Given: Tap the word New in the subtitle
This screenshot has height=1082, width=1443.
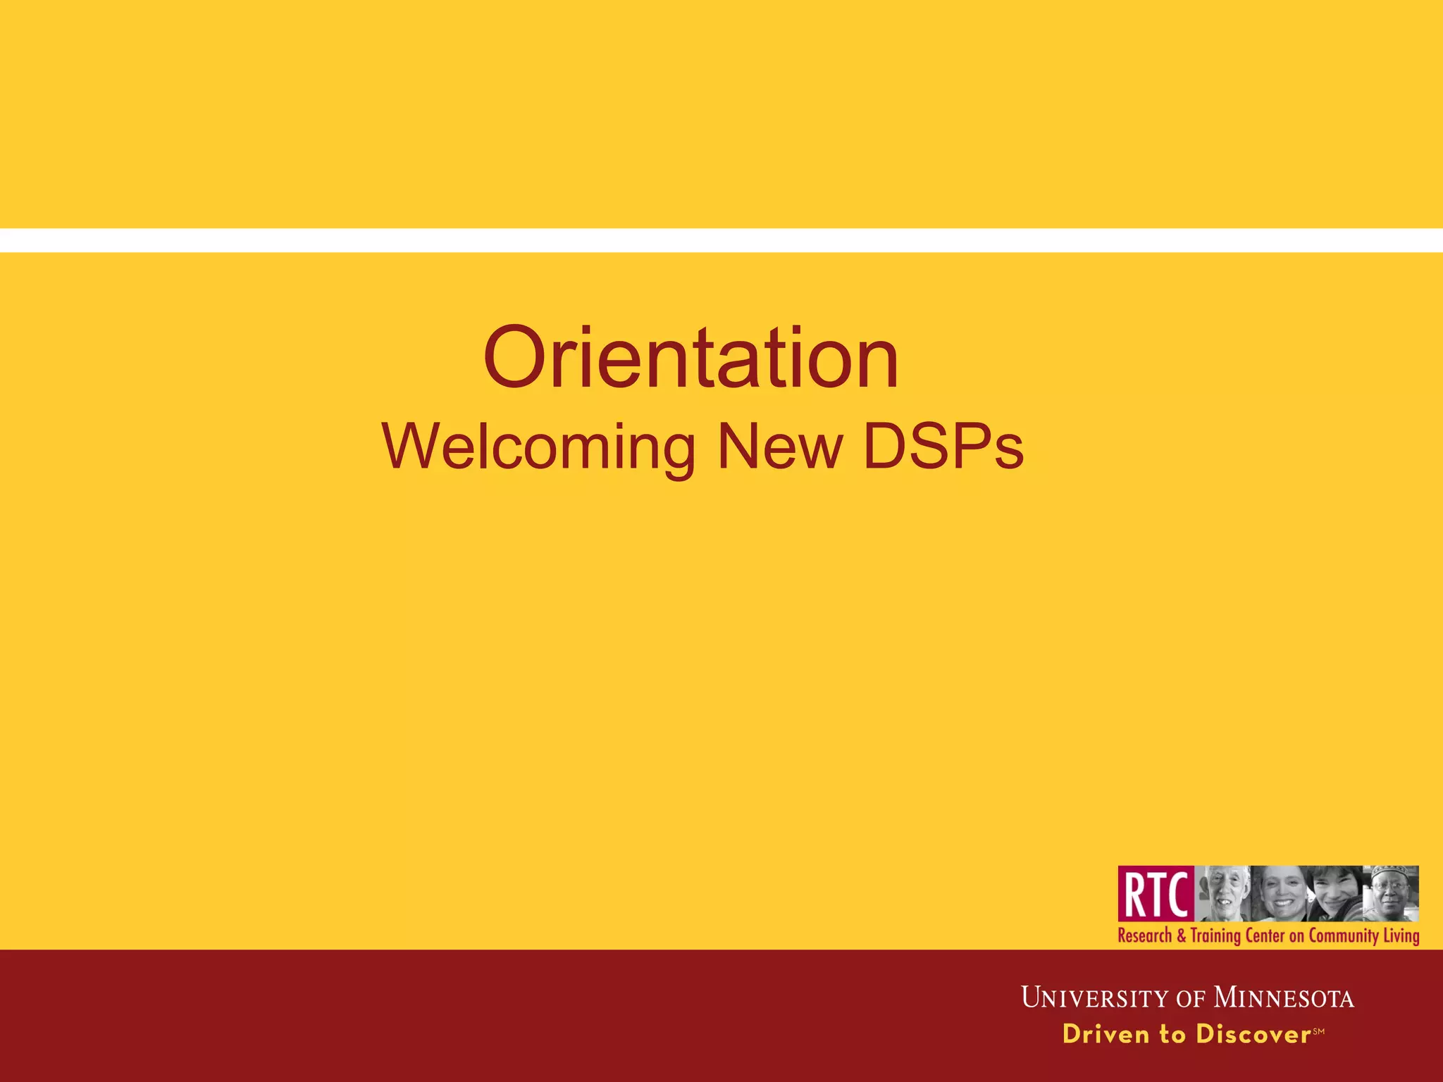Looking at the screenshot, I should point(780,447).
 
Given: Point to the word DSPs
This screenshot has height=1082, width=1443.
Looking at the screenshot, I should point(943,447).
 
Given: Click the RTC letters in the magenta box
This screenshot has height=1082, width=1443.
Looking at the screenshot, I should point(1156,894).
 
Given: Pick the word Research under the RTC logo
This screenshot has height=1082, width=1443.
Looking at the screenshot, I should point(1145,936).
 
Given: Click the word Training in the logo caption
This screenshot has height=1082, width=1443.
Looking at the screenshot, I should point(1215,936).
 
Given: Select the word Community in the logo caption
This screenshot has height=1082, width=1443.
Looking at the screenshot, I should point(1343,936).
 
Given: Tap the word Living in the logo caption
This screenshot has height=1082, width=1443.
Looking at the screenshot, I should point(1401,936).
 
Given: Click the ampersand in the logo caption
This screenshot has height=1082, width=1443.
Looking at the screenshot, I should point(1181,936).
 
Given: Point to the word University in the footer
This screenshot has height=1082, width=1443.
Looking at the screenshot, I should point(1095,998).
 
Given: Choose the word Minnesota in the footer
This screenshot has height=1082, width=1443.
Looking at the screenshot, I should point(1283,998).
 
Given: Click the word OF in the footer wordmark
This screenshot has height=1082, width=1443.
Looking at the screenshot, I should point(1191,999).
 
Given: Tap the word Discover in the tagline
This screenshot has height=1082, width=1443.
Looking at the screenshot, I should point(1253,1034).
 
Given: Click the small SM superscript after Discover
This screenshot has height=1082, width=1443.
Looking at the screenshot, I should point(1319,1031).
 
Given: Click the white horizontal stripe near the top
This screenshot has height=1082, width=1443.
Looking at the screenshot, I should point(721,240).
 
